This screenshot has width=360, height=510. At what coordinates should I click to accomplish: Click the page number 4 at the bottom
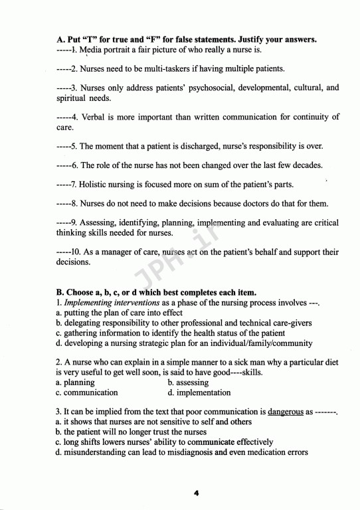click(x=197, y=493)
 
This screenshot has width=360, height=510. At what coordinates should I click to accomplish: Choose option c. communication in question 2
click(x=87, y=392)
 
